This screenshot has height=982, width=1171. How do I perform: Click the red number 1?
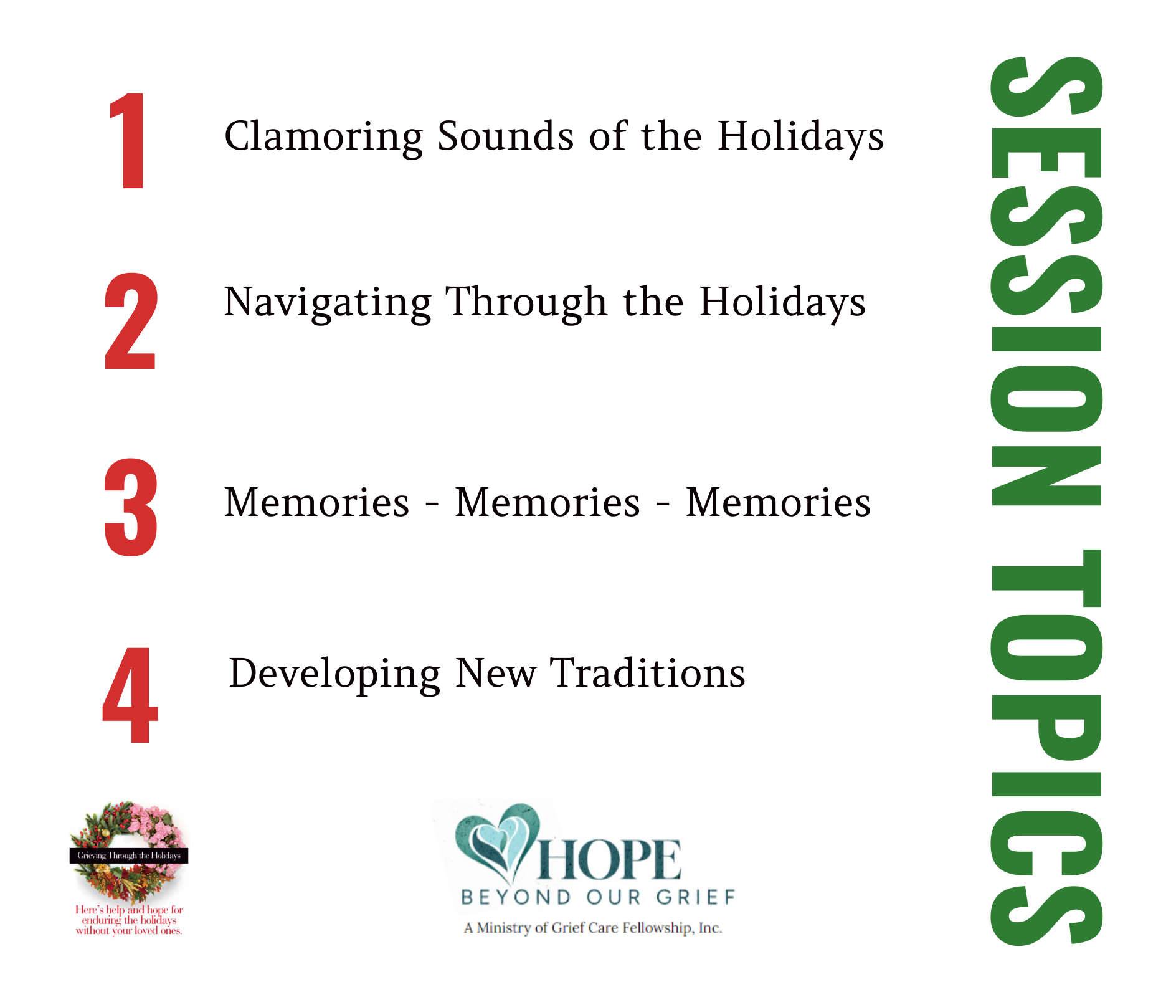tap(130, 140)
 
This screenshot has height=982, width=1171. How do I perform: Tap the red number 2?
tap(130, 320)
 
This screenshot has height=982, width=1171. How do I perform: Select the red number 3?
tap(130, 507)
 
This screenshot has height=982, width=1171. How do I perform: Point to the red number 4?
tap(130, 695)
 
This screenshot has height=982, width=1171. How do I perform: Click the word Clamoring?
tap(324, 136)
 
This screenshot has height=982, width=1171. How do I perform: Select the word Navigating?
tap(328, 303)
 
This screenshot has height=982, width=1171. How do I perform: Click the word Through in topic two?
tap(526, 303)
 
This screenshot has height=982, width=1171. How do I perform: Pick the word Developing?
tap(335, 675)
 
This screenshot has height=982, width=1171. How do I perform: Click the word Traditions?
tap(648, 673)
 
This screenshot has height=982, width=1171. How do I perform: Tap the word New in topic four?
tap(496, 673)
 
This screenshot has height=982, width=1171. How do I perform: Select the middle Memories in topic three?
tap(548, 502)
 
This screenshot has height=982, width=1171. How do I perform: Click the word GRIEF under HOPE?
tap(696, 897)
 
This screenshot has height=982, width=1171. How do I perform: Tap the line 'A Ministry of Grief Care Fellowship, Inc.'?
tap(593, 928)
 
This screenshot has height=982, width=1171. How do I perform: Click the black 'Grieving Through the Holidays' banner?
tap(129, 856)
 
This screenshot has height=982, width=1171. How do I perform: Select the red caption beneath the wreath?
tap(130, 920)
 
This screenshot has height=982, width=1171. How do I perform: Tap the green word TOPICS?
tap(1046, 748)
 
